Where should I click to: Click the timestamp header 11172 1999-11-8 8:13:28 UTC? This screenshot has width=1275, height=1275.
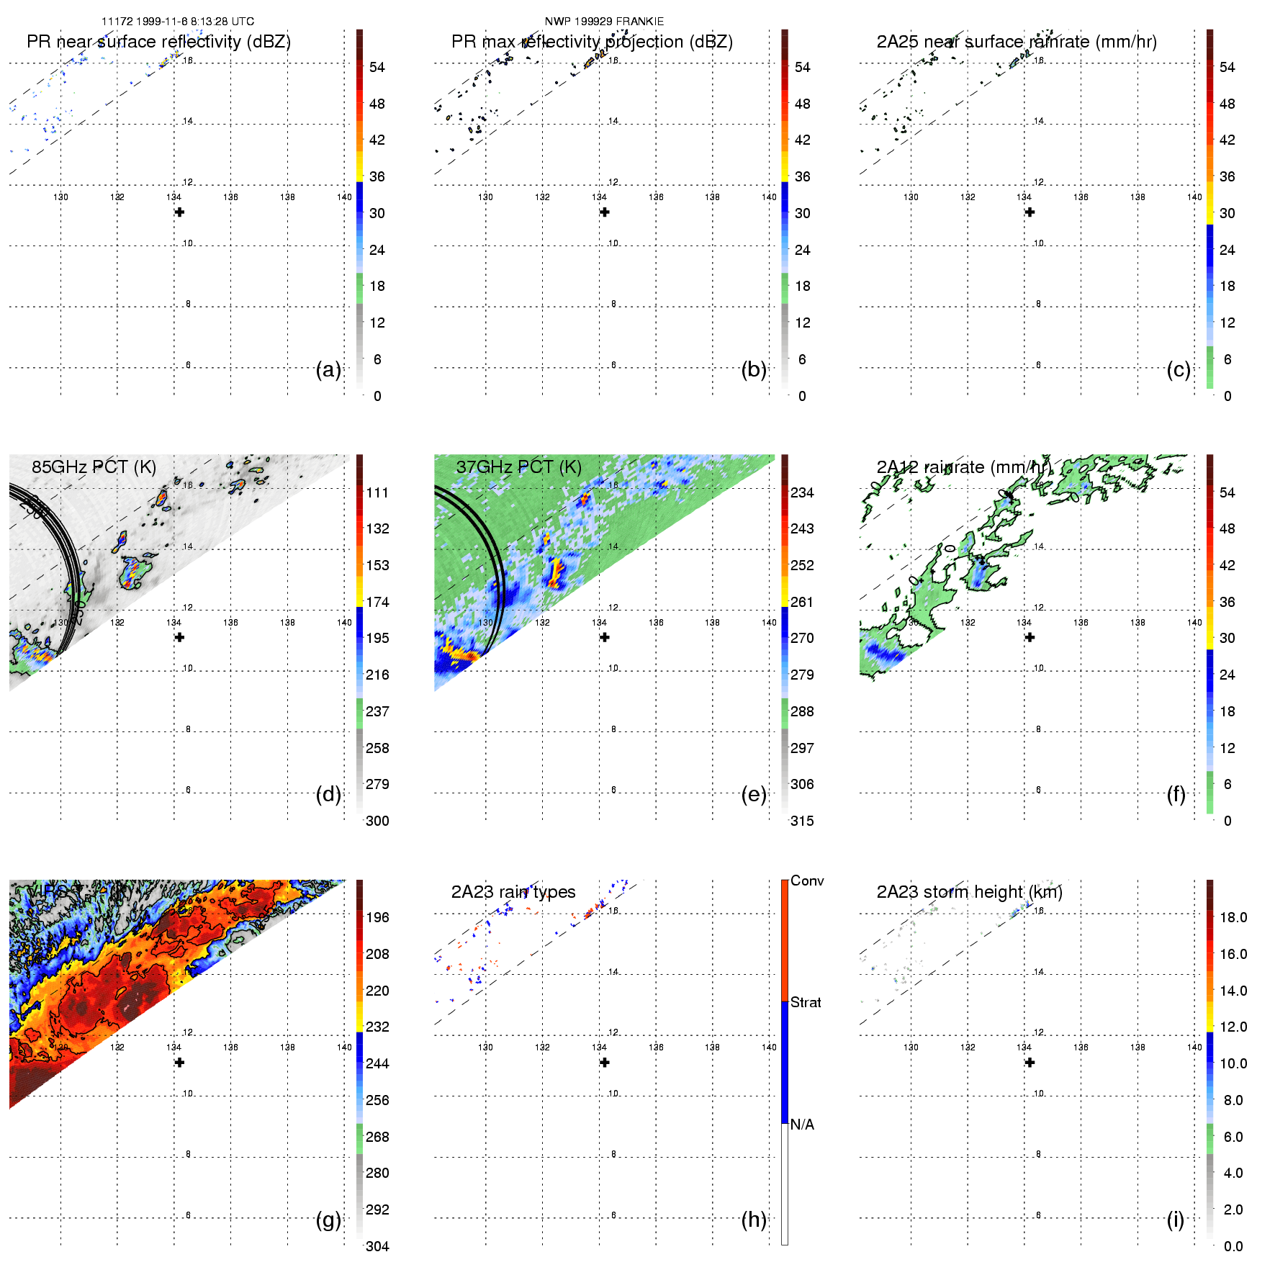pyautogui.click(x=178, y=22)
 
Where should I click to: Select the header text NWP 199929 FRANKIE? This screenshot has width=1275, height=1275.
pyautogui.click(x=604, y=22)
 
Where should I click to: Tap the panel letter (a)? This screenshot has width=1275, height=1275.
pyautogui.click(x=328, y=370)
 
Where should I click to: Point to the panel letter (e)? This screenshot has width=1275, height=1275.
pyautogui.click(x=754, y=795)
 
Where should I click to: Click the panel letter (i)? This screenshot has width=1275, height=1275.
pyautogui.click(x=1176, y=1220)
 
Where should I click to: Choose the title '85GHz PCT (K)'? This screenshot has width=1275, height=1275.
pyautogui.click(x=94, y=467)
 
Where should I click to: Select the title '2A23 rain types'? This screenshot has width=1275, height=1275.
pyautogui.click(x=513, y=892)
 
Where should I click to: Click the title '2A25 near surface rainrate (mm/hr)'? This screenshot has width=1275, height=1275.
pyautogui.click(x=1017, y=42)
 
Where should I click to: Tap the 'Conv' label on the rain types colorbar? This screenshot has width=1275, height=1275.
pyautogui.click(x=807, y=880)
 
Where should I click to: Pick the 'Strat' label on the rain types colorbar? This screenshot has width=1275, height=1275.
pyautogui.click(x=806, y=1002)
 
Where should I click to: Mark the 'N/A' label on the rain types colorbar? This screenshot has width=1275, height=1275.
pyautogui.click(x=802, y=1125)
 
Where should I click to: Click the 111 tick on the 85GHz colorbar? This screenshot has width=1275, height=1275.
pyautogui.click(x=377, y=492)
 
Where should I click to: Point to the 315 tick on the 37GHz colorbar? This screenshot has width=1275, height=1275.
pyautogui.click(x=802, y=821)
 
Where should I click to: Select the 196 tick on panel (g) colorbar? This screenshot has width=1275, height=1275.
pyautogui.click(x=377, y=917)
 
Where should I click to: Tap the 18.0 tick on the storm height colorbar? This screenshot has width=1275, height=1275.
pyautogui.click(x=1233, y=917)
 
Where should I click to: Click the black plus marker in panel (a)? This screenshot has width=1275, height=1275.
pyautogui.click(x=179, y=212)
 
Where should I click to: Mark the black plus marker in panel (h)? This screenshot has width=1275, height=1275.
pyautogui.click(x=605, y=1063)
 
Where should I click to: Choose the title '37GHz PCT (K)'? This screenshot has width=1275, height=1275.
pyautogui.click(x=518, y=467)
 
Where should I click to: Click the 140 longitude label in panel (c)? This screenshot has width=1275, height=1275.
pyautogui.click(x=1194, y=197)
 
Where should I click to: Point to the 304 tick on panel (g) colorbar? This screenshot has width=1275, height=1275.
pyautogui.click(x=377, y=1246)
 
